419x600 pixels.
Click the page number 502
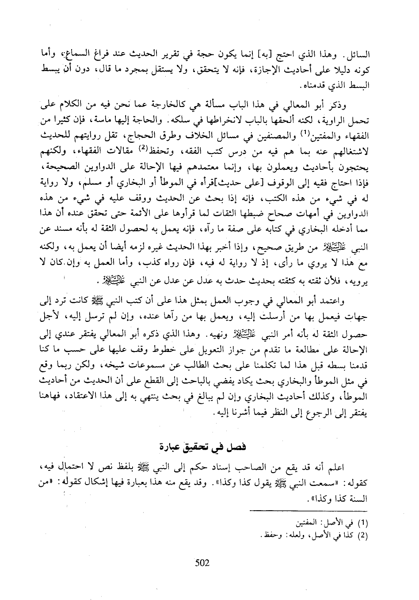(202, 562)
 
